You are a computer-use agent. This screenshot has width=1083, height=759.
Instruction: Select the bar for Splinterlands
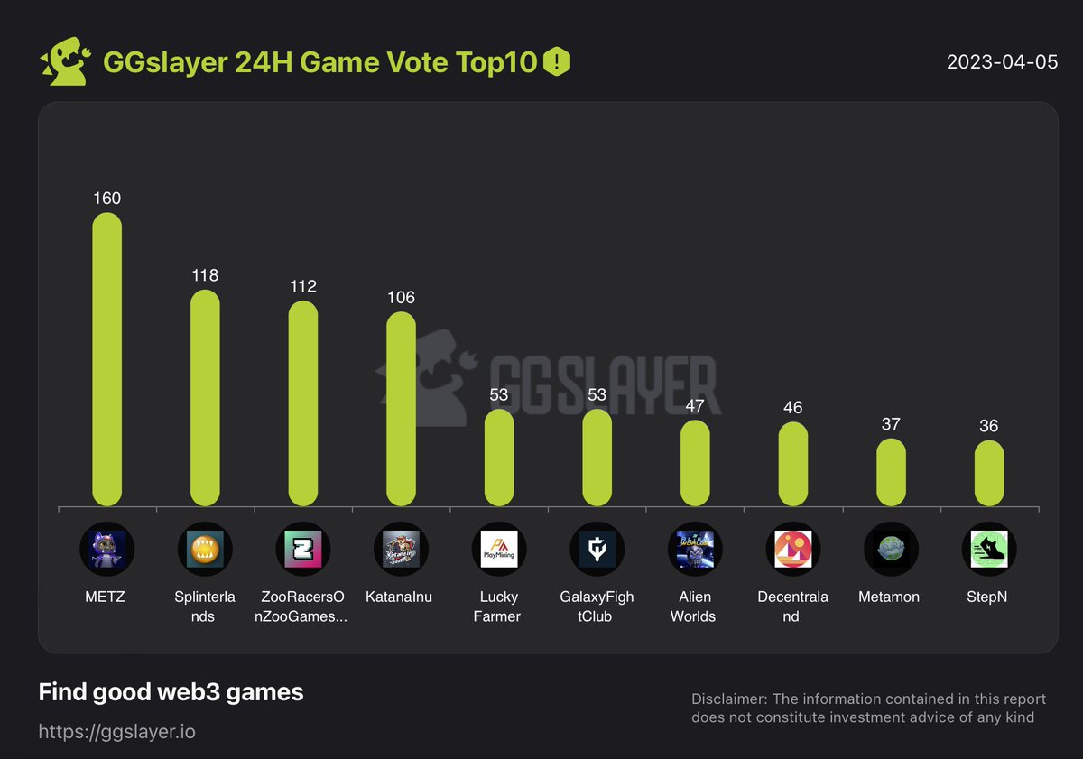pyautogui.click(x=205, y=398)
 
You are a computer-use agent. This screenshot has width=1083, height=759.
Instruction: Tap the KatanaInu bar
pyautogui.click(x=401, y=409)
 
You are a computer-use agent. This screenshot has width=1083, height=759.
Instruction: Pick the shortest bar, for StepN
pyautogui.click(x=988, y=473)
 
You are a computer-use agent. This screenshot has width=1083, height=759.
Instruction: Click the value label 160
pyautogui.click(x=106, y=198)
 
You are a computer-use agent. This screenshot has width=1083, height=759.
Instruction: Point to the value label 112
pyautogui.click(x=303, y=286)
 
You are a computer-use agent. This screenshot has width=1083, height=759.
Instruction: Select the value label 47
pyautogui.click(x=695, y=405)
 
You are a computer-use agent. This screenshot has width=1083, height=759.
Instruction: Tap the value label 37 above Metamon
pyautogui.click(x=890, y=424)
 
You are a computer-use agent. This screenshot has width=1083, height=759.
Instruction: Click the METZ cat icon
pyautogui.click(x=106, y=550)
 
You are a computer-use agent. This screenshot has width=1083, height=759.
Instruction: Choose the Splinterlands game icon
pyautogui.click(x=205, y=550)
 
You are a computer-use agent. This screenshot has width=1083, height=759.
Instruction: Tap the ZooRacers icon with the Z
pyautogui.click(x=302, y=550)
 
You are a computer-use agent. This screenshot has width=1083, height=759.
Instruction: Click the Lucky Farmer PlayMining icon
pyautogui.click(x=498, y=550)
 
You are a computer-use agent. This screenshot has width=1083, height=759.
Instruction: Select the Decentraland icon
pyautogui.click(x=791, y=550)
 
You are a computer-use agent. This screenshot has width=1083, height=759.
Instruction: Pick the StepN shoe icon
pyautogui.click(x=988, y=550)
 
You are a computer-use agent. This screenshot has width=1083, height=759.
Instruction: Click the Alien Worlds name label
pyautogui.click(x=694, y=606)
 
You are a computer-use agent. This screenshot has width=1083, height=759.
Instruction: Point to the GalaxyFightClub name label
pyautogui.click(x=597, y=606)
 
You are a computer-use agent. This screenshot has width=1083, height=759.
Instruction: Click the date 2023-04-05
pyautogui.click(x=1002, y=62)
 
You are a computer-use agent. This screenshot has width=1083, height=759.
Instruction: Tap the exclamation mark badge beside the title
pyautogui.click(x=557, y=62)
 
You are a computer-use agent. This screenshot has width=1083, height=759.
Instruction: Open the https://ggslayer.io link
pyautogui.click(x=116, y=731)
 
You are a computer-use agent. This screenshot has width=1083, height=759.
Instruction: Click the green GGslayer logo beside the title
pyautogui.click(x=64, y=62)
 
